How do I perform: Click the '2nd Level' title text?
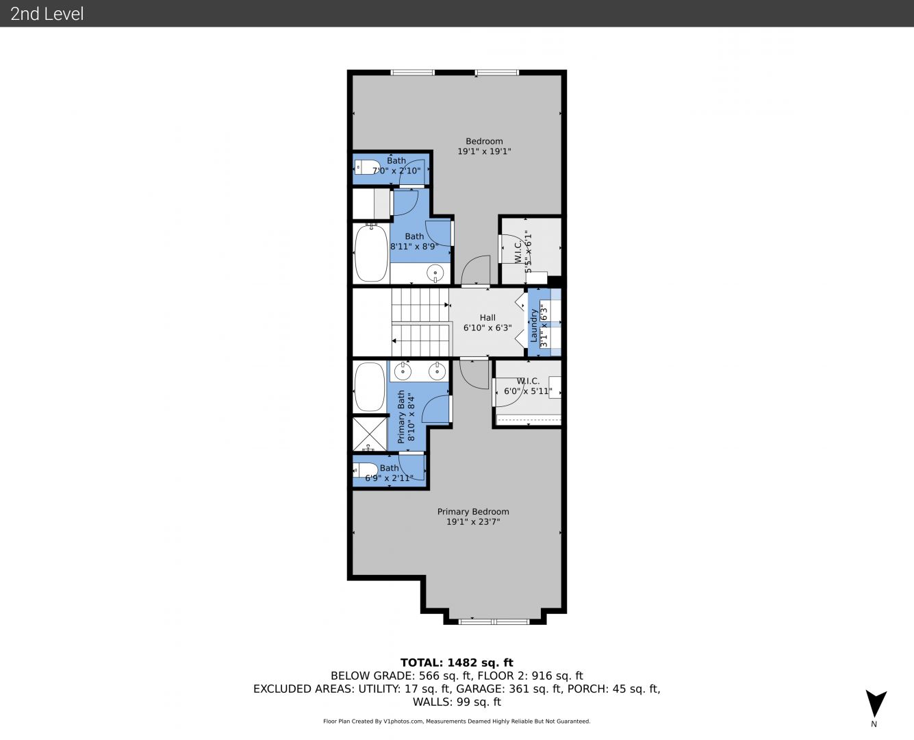[x=47, y=14]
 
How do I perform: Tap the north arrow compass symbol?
[x=876, y=703]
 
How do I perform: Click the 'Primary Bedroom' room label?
[x=473, y=512]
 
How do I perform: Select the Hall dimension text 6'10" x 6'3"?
[x=487, y=328]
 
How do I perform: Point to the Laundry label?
[x=533, y=325]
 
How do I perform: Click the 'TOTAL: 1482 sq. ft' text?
[x=457, y=663]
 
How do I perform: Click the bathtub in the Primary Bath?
[x=370, y=388]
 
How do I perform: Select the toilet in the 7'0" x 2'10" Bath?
[x=368, y=167]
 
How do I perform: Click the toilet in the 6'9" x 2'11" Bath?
[x=365, y=470]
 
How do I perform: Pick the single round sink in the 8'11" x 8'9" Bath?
[x=435, y=273]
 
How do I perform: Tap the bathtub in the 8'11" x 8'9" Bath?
[x=371, y=254]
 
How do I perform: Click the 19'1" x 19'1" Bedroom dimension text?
[x=484, y=151]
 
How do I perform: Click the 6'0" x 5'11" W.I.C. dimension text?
[x=528, y=391]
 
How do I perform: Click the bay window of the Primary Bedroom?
[x=494, y=621]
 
